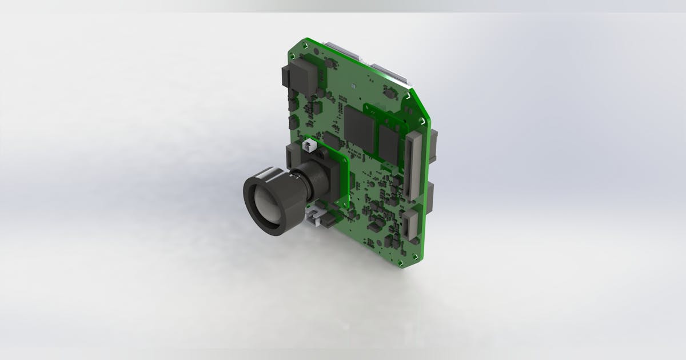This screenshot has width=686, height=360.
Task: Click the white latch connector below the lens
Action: tap(313, 217)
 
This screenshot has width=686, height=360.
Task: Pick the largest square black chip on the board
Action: tap(360, 127)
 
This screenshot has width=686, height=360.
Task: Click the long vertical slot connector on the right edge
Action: tap(412, 166)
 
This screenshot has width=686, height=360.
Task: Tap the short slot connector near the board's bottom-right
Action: tap(410, 225)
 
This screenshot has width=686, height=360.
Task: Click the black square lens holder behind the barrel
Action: tap(323, 177)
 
